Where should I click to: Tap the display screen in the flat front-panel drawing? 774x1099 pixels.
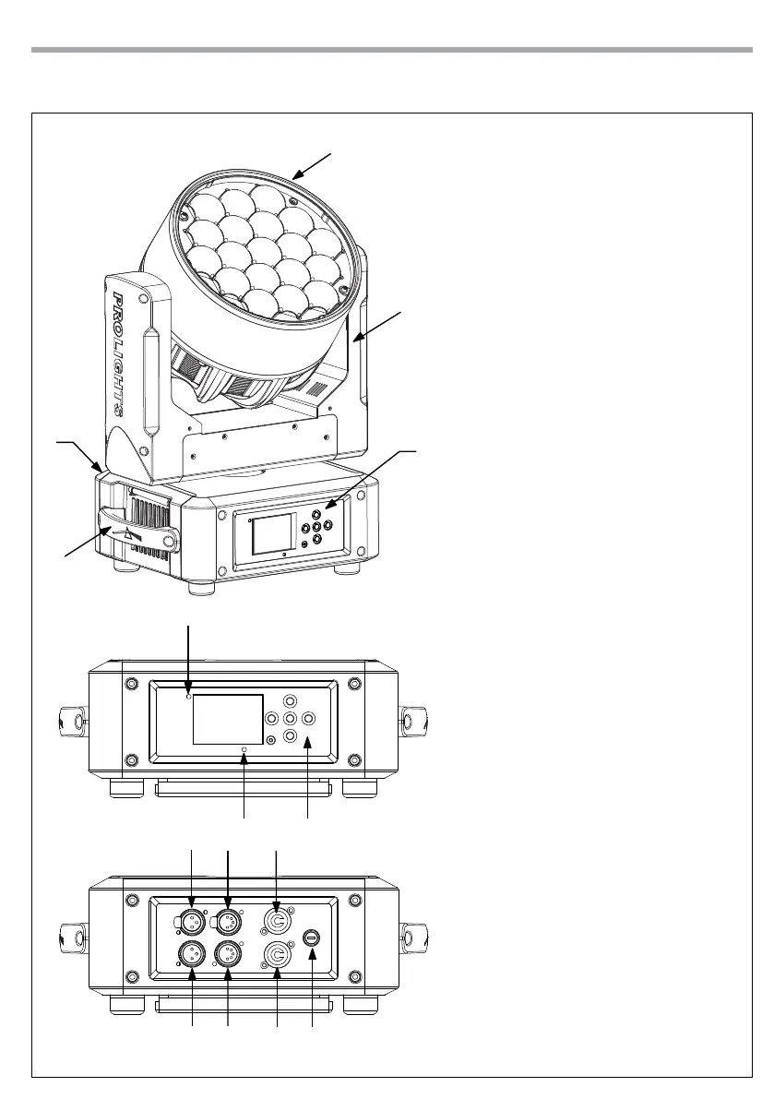228,719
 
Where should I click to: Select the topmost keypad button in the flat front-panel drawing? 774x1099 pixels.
290,700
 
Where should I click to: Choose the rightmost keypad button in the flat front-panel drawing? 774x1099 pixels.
308,719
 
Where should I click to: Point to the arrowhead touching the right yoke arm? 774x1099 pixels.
355,340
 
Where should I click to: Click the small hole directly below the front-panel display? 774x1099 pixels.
244,749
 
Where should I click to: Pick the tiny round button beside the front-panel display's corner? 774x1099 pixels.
270,740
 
